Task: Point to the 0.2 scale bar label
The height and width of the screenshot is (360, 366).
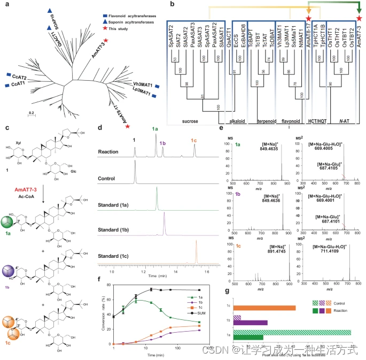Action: [32, 113]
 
